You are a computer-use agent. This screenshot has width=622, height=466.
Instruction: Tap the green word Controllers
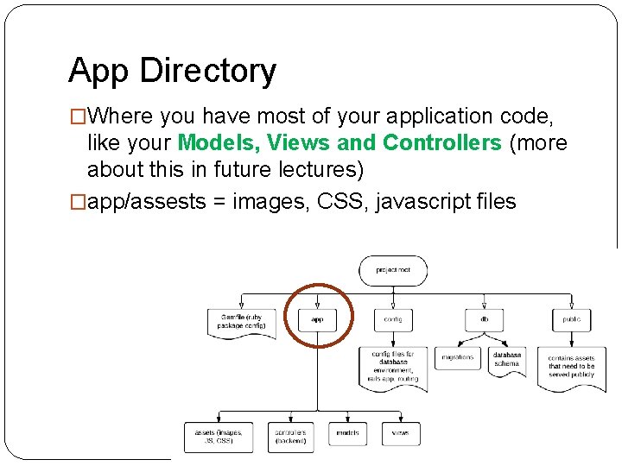441,142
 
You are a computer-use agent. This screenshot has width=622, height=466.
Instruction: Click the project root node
393,270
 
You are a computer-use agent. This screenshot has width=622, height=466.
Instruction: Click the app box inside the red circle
317,319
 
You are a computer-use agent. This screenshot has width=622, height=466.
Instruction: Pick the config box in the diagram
393,319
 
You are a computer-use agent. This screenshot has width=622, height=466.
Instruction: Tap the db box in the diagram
485,319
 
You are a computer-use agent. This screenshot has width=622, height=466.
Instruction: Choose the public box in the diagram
571,319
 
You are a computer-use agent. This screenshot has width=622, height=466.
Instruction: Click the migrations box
458,357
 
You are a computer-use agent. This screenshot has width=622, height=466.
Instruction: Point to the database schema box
507,358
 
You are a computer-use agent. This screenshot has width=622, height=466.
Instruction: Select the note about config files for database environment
393,367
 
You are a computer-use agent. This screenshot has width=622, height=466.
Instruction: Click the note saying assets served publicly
571,367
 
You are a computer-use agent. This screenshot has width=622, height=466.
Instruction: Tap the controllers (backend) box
290,436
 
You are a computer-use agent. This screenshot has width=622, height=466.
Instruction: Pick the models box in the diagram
347,433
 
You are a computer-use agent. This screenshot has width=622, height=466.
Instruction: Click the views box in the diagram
400,433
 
